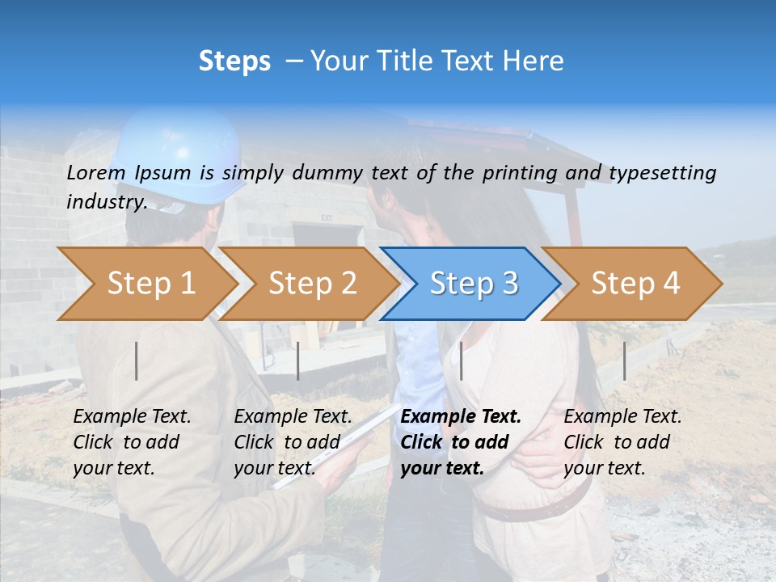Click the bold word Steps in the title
[234, 61]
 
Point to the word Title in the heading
[390, 61]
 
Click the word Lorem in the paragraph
[95, 172]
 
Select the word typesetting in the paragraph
[662, 173]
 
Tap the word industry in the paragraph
[106, 201]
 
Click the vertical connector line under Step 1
[137, 361]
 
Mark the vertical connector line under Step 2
[298, 361]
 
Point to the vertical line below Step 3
[461, 361]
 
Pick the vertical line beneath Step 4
[624, 361]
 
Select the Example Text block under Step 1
[132, 442]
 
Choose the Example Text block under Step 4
[622, 442]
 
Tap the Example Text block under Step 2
[293, 442]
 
